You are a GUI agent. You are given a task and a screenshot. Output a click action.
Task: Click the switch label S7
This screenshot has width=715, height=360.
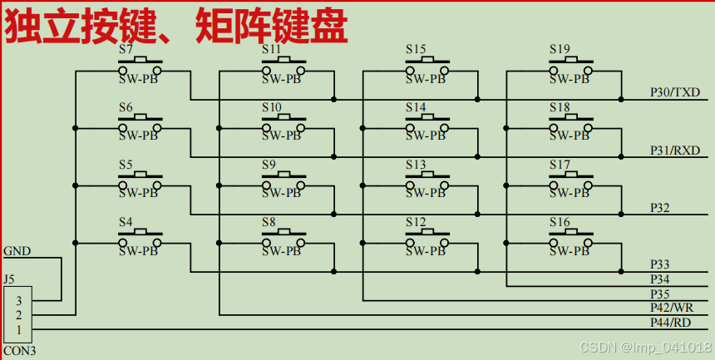126,49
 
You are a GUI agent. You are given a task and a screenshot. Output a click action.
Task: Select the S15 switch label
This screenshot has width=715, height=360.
416,49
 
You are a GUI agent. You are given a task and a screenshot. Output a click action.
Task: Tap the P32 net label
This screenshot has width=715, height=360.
660,207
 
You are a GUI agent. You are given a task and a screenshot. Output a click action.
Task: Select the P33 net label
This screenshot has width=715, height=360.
660,264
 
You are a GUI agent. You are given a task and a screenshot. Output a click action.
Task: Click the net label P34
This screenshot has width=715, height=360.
660,279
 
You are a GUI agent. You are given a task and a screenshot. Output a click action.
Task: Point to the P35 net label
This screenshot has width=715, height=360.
660,293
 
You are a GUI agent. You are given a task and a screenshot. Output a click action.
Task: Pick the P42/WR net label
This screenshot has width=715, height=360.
671,308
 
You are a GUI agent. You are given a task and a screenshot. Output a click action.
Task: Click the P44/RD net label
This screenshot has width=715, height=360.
670,323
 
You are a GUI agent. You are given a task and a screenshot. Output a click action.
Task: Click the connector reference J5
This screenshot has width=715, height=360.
9,279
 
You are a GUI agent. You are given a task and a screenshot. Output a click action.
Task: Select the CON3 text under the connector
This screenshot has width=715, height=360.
19,351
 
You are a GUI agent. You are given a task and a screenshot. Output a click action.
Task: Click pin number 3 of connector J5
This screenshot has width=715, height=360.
18,301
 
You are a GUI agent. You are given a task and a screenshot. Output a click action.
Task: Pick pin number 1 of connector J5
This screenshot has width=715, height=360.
18,330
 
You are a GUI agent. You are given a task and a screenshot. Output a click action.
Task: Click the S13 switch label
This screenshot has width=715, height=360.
416,165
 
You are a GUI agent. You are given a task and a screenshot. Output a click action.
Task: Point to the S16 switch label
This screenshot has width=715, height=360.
560,222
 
